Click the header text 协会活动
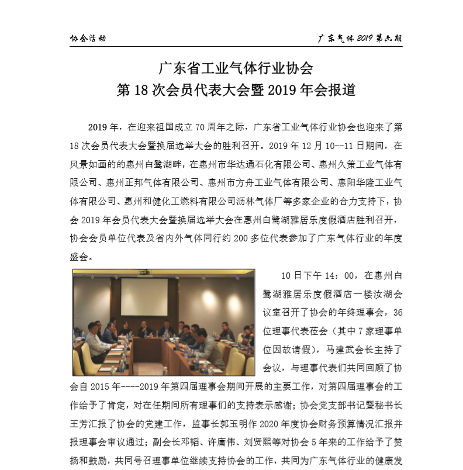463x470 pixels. coord(88,39)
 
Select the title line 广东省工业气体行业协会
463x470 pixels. coord(236,68)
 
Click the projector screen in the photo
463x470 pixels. coord(144,298)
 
